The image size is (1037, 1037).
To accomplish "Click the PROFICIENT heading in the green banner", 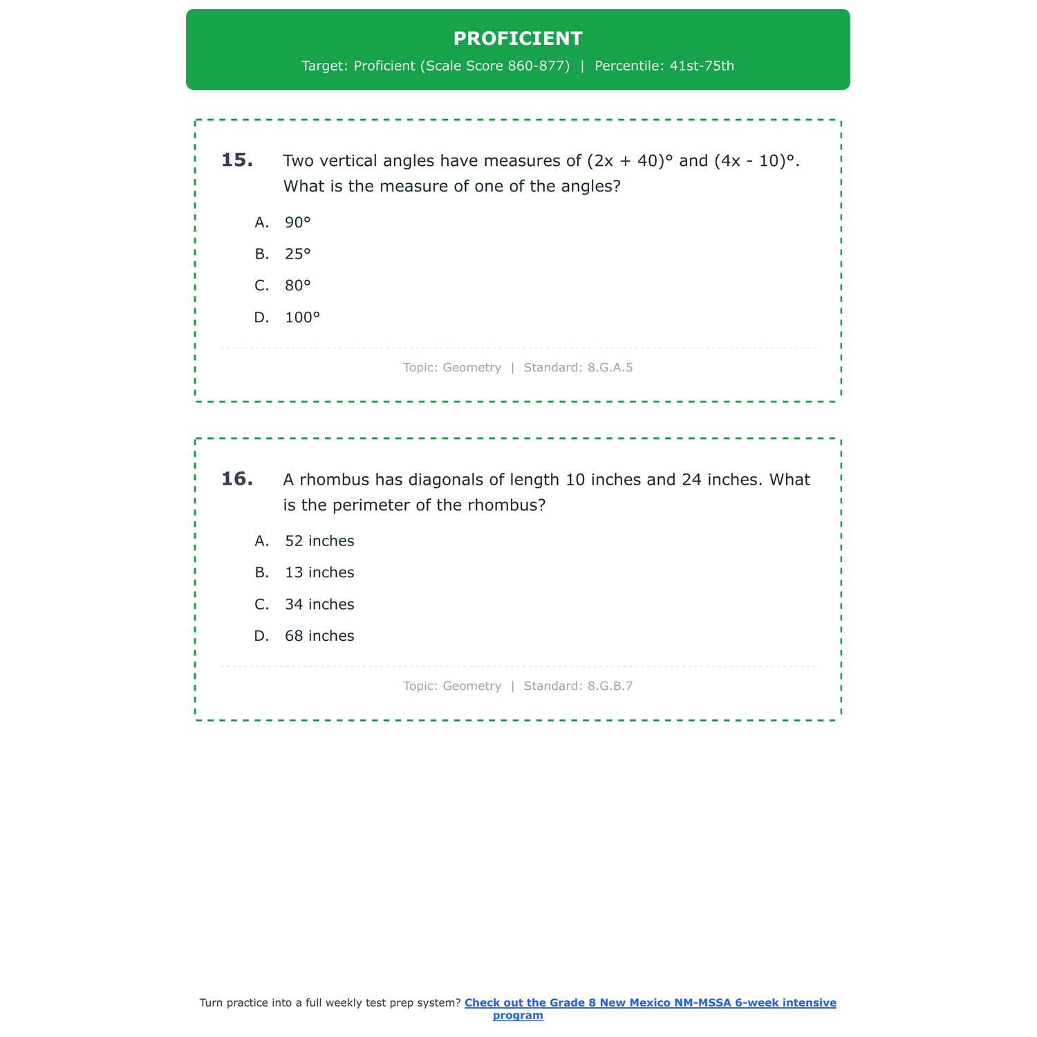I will tap(518, 39).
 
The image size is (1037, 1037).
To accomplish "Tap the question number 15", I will tap(236, 160).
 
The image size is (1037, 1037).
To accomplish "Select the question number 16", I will tap(236, 479).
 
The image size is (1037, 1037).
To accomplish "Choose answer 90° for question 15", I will tap(298, 223).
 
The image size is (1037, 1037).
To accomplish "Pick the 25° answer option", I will tap(298, 254).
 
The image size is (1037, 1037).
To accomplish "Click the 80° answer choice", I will tap(298, 286).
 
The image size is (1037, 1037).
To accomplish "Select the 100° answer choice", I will tap(302, 318).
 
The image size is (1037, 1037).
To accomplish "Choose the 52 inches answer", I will tap(319, 541).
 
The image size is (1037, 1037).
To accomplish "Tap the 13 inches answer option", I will tap(319, 573).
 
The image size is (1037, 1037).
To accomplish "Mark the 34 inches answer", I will tap(319, 605).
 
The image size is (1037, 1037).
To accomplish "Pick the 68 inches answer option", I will tap(319, 637).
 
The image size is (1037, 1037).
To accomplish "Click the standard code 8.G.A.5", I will tap(610, 368).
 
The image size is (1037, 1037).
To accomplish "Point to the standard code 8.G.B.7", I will tap(610, 686).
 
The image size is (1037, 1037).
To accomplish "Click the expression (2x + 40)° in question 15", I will tap(629, 161).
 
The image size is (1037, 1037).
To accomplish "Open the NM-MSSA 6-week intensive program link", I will tap(650, 1003).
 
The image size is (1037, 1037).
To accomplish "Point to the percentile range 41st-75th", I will tap(702, 66).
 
